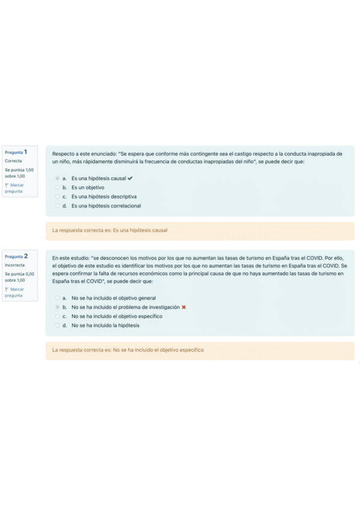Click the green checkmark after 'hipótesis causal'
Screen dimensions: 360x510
point(130,178)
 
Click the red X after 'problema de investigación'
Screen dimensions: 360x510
point(183,307)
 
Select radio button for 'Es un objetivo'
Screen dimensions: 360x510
point(57,187)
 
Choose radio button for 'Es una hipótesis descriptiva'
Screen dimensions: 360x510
point(57,196)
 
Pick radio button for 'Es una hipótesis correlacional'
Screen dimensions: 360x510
point(57,206)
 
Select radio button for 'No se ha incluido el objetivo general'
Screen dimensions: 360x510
point(57,298)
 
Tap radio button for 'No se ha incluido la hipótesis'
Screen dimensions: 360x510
point(57,325)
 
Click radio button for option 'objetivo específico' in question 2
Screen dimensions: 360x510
point(57,316)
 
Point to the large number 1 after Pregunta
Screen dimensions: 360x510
point(26,152)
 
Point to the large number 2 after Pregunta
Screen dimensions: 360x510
point(26,256)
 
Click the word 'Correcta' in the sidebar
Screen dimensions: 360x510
point(13,161)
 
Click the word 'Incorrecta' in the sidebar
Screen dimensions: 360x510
point(14,265)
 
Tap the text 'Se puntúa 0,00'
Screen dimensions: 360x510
point(19,274)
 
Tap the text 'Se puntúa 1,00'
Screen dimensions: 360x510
point(19,170)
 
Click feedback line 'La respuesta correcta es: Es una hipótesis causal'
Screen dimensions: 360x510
point(109,230)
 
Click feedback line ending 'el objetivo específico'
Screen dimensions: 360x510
point(127,349)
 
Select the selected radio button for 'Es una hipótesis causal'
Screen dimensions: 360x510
point(57,178)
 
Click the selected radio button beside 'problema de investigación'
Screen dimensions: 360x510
point(57,307)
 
